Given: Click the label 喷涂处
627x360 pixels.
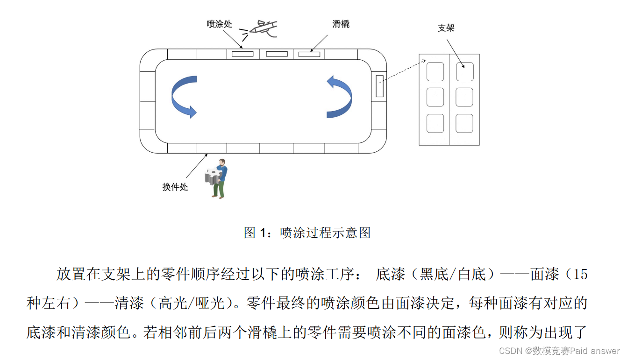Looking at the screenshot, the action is click(x=219, y=24).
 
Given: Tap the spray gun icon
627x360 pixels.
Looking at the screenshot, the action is click(x=260, y=28).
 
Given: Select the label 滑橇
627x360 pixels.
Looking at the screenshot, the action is click(x=341, y=24).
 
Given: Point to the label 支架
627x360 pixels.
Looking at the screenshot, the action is click(x=446, y=28).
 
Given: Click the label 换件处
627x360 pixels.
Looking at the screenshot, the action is click(x=175, y=187).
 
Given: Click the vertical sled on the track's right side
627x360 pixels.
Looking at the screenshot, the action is click(x=379, y=86).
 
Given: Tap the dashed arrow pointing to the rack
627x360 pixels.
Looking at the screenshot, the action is click(x=402, y=71).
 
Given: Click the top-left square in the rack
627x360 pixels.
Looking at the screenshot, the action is click(x=435, y=71).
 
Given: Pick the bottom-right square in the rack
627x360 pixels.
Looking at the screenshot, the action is click(x=464, y=123).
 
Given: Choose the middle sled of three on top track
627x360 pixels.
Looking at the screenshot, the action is click(x=277, y=54).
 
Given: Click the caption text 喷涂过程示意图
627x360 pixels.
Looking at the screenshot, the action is click(x=325, y=232).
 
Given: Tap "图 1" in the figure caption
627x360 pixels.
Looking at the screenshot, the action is click(x=257, y=232).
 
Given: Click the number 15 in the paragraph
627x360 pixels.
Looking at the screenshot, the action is click(x=580, y=274).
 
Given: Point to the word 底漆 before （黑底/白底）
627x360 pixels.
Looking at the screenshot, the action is click(x=390, y=274).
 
